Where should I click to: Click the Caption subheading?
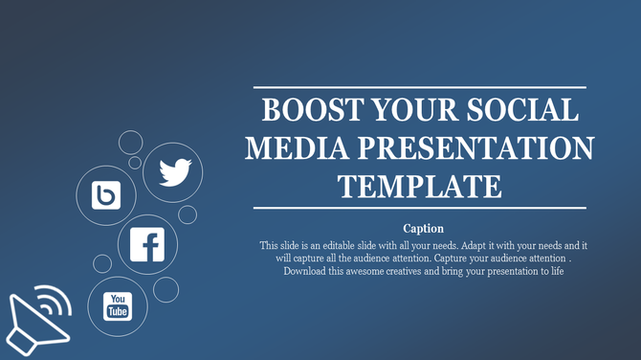422,228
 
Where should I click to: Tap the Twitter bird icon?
174,172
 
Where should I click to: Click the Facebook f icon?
148,244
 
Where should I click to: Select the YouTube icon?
117,307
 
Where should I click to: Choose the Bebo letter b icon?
104,196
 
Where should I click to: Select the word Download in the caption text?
307,271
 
